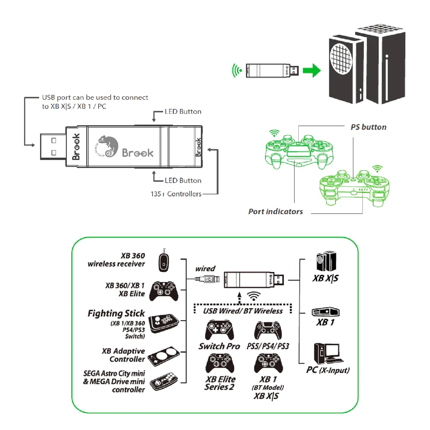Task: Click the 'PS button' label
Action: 368,127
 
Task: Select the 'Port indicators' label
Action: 275,211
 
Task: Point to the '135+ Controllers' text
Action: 176,194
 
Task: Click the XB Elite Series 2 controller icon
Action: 219,363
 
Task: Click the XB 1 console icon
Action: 326,313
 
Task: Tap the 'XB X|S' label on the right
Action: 325,279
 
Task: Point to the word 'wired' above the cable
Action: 205,269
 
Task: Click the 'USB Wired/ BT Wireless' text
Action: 243,311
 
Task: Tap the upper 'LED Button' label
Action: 183,112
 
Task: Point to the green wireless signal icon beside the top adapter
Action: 236,70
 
